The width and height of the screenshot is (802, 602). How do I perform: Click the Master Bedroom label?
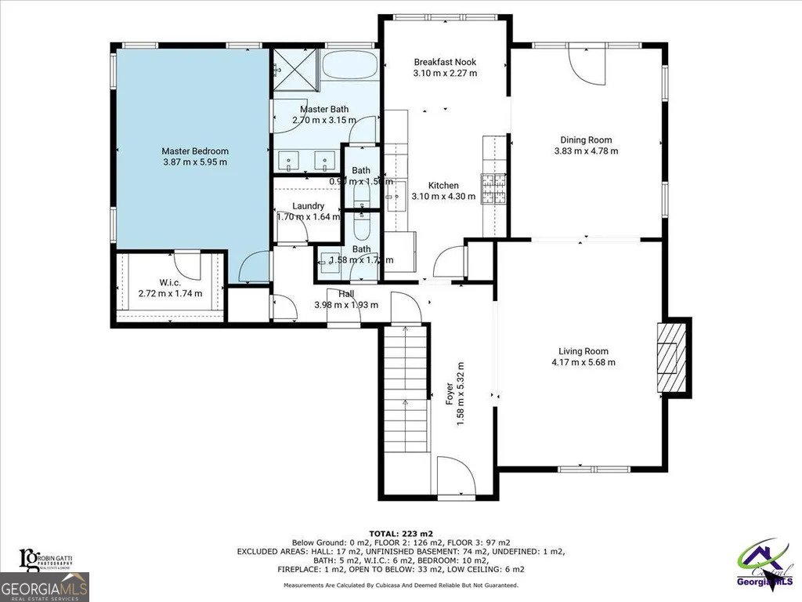pos(194,151)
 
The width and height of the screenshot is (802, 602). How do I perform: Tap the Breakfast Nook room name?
pos(444,62)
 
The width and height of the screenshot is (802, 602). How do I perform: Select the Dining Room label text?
pos(586,140)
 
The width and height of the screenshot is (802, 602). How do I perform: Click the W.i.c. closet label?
pos(170,283)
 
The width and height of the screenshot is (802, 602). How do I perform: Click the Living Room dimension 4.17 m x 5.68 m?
pos(583,362)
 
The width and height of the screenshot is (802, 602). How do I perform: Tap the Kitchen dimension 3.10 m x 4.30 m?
pos(443,197)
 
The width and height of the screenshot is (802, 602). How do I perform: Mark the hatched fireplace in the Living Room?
pos(670,357)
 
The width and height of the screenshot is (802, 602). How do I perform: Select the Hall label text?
pos(346,294)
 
